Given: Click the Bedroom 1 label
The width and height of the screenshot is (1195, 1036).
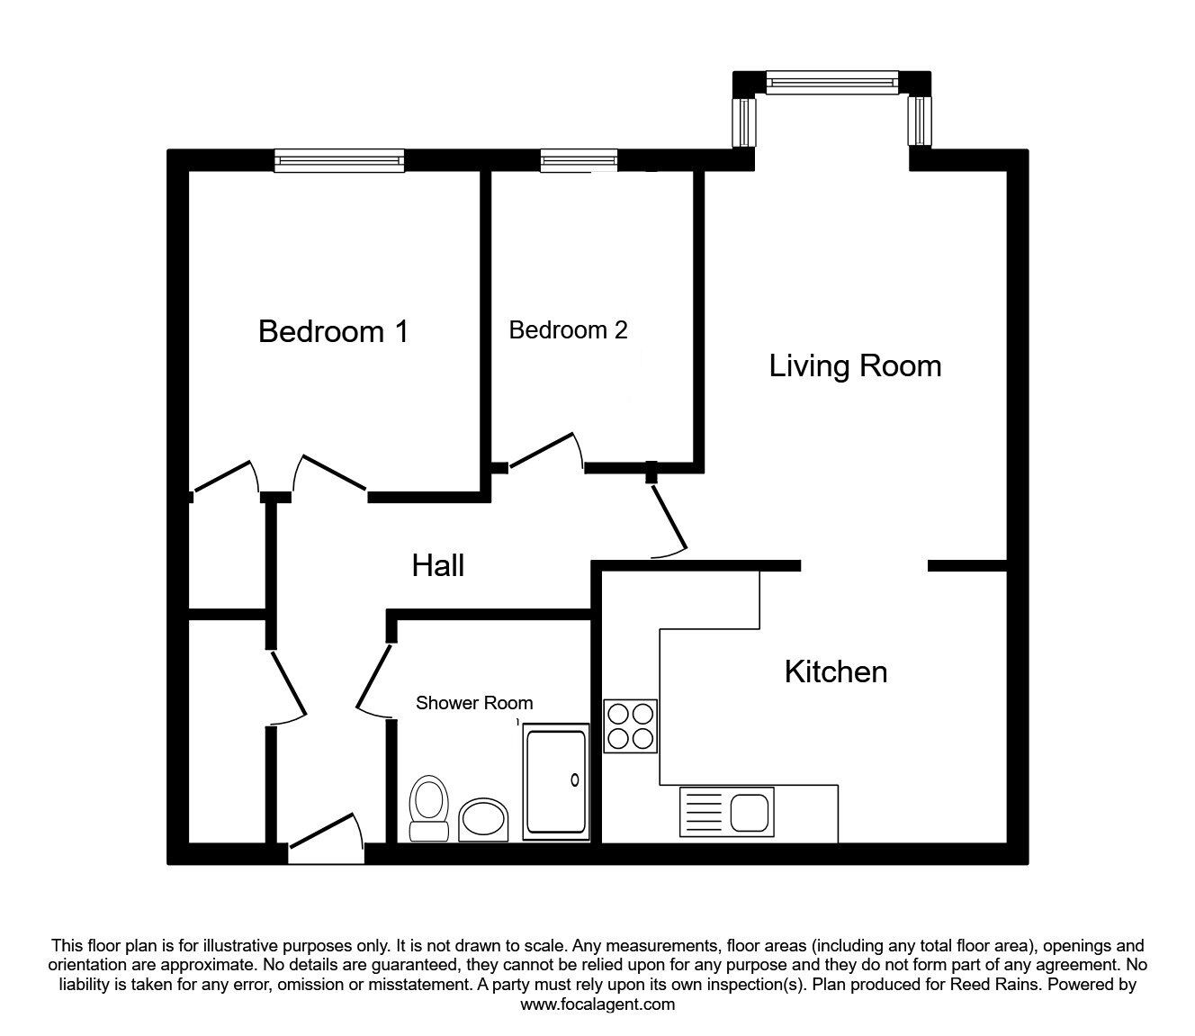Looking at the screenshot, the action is pos(334,331).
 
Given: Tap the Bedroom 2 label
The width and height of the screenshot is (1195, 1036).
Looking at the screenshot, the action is pos(568,329).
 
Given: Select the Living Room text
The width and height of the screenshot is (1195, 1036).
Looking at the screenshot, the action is pos(855,366).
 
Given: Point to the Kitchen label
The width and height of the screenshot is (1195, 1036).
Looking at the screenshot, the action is pos(836,671).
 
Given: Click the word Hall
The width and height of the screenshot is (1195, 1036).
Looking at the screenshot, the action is pos(437,565).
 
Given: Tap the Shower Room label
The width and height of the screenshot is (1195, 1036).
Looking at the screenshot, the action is pos(474,703).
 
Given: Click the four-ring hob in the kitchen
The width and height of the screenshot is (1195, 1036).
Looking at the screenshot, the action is pos(630,726).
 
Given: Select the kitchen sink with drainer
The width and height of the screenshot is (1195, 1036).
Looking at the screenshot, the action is pos(727,812).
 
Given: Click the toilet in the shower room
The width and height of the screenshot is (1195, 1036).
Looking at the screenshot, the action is pos(429,808).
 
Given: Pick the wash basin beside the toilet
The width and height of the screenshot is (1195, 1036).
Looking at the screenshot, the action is pos(483,820).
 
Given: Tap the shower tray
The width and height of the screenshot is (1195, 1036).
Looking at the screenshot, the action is pos(556,781).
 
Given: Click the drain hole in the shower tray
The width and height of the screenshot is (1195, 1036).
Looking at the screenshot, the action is pos(575,779).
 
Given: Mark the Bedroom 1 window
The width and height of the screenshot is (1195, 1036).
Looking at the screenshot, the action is pos(339,160).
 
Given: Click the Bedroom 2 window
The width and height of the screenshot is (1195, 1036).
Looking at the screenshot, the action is pos(579,160).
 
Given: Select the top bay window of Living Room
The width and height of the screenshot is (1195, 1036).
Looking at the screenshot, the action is pos(832,82).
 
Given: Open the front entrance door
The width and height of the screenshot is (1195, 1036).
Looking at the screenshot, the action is pos(327,838).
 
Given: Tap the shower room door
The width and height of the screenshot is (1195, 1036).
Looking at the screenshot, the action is pos(374,682).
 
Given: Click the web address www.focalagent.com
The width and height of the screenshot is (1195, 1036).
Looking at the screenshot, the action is pos(597,1004).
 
